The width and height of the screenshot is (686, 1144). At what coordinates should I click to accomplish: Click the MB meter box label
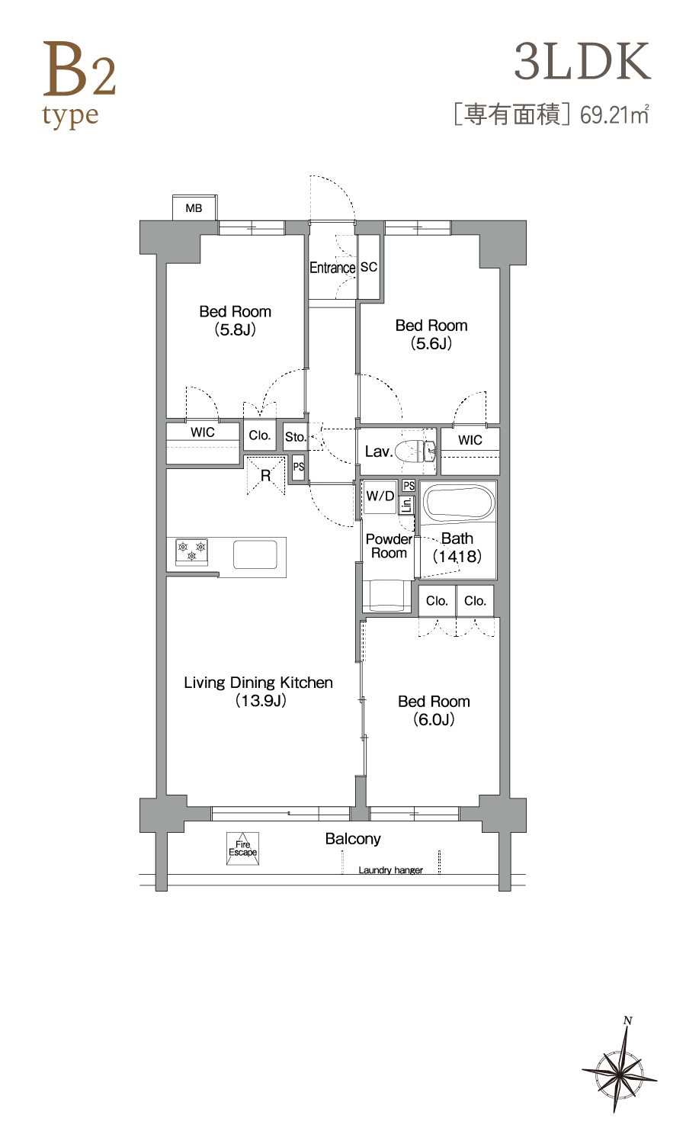(x=194, y=208)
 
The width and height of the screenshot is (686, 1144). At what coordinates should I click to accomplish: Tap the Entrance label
(x=332, y=268)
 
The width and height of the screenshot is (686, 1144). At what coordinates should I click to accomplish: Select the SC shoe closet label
(x=368, y=267)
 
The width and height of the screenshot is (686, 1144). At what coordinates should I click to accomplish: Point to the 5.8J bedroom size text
(x=236, y=329)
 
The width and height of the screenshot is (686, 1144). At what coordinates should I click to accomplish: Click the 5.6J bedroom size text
(x=432, y=343)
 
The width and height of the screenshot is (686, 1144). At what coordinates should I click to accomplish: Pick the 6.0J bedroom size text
(x=434, y=719)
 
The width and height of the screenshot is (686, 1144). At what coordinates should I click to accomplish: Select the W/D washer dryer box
(x=380, y=497)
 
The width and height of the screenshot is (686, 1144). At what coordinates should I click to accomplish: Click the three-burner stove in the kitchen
(x=191, y=551)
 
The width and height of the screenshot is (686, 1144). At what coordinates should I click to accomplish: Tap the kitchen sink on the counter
(x=255, y=554)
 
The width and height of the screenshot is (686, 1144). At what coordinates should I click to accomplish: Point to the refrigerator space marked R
(x=265, y=475)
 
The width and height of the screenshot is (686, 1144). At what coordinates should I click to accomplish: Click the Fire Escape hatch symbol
(x=242, y=848)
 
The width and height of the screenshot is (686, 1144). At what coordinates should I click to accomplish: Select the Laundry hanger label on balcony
(x=390, y=870)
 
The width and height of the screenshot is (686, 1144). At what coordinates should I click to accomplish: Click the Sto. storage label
(x=296, y=437)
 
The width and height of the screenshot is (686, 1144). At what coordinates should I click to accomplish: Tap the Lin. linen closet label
(x=407, y=506)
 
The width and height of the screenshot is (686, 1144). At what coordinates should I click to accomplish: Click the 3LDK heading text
(x=582, y=63)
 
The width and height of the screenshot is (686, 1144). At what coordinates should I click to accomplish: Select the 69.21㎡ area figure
(x=614, y=114)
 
